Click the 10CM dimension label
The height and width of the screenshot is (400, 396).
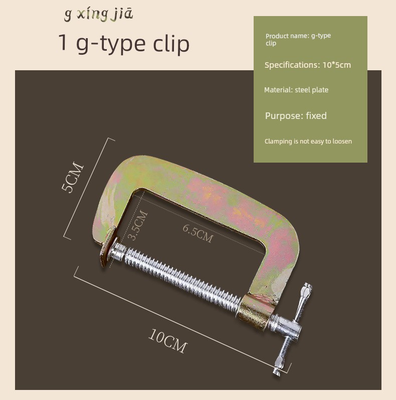tap(167, 341)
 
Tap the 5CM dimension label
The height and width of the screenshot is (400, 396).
tap(72, 177)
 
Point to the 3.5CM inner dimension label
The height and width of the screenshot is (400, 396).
tap(137, 225)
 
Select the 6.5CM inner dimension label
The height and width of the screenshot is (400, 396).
tap(197, 233)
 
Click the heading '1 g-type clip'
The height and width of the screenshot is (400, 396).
tap(124, 43)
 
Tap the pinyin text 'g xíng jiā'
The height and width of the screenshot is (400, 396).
tap(98, 14)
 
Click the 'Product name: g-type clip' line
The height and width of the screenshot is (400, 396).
tap(298, 39)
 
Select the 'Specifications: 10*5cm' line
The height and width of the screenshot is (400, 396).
tap(308, 65)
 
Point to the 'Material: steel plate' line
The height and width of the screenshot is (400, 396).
tap(296, 90)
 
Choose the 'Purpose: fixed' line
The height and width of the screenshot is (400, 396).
tap(296, 116)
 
